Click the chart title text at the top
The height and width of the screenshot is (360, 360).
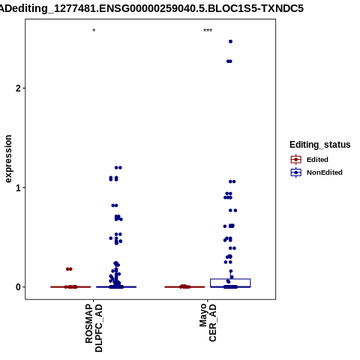pyautogui.click(x=151, y=8)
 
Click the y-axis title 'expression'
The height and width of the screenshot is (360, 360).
pyautogui.click(x=8, y=159)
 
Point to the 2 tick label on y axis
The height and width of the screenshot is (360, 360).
pyautogui.click(x=18, y=88)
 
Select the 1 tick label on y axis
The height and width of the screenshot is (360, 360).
pyautogui.click(x=18, y=187)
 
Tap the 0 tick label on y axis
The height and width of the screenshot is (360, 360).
pyautogui.click(x=18, y=287)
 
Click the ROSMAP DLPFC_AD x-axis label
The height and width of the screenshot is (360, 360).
pyautogui.click(x=94, y=328)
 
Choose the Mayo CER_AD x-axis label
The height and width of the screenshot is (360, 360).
pyautogui.click(x=208, y=322)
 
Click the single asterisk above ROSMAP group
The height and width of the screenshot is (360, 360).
pyautogui.click(x=94, y=31)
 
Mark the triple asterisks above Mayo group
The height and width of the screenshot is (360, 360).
pyautogui.click(x=208, y=31)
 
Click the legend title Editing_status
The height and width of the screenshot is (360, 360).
pyautogui.click(x=320, y=145)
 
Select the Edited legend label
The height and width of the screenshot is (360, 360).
pyautogui.click(x=317, y=160)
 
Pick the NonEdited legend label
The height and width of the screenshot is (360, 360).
pyautogui.click(x=325, y=172)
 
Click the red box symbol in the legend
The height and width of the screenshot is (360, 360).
pyautogui.click(x=296, y=159)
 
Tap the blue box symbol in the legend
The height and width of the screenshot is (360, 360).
pyautogui.click(x=296, y=172)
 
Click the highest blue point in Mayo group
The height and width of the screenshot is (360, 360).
pyautogui.click(x=230, y=41)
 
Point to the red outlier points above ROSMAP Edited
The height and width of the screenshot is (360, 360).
pyautogui.click(x=69, y=269)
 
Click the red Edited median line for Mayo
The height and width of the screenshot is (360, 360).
pyautogui.click(x=184, y=287)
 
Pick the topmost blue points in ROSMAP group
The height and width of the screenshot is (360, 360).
pyautogui.click(x=118, y=167)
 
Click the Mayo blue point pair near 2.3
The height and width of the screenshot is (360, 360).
pyautogui.click(x=229, y=61)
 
